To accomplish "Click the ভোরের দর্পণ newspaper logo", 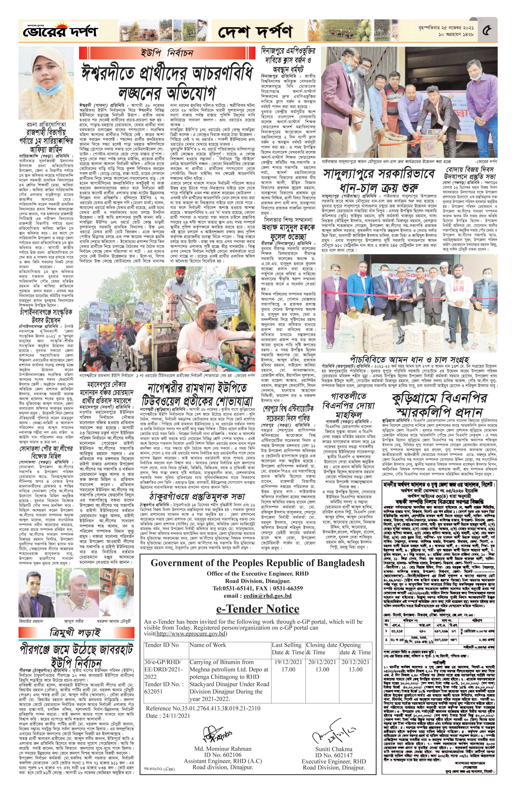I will coord(59,32).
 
